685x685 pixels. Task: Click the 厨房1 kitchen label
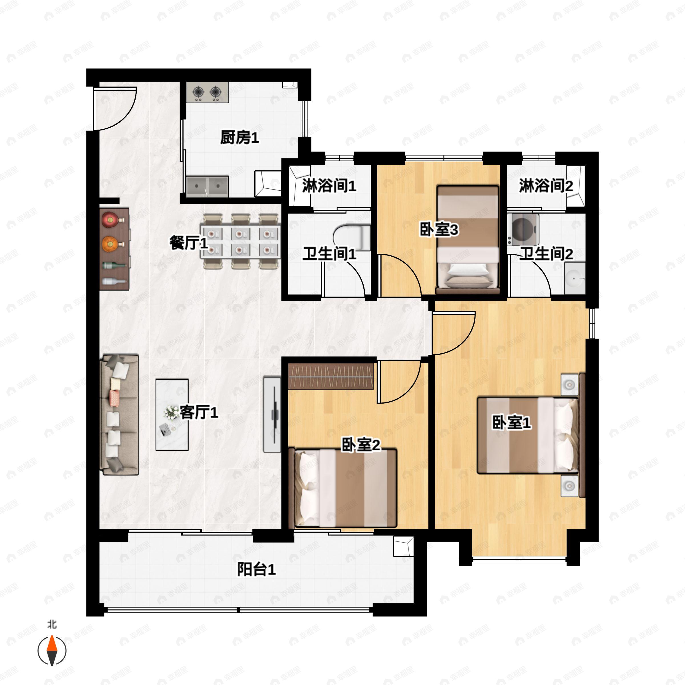tap(239, 138)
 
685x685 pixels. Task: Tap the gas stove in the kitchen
tap(207, 92)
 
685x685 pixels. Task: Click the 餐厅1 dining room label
tap(188, 243)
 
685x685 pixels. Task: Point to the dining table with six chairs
tap(240, 241)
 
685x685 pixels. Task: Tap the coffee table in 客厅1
tap(172, 414)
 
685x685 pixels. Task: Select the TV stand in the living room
tap(272, 414)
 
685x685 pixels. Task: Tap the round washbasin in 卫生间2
tap(574, 278)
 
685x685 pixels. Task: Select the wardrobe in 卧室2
tap(331, 376)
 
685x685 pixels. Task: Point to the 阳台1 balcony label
tap(256, 569)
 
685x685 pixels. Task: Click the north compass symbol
tap(52, 651)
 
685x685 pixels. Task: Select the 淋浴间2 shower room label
tap(546, 186)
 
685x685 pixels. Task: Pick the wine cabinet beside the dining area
tap(114, 249)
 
